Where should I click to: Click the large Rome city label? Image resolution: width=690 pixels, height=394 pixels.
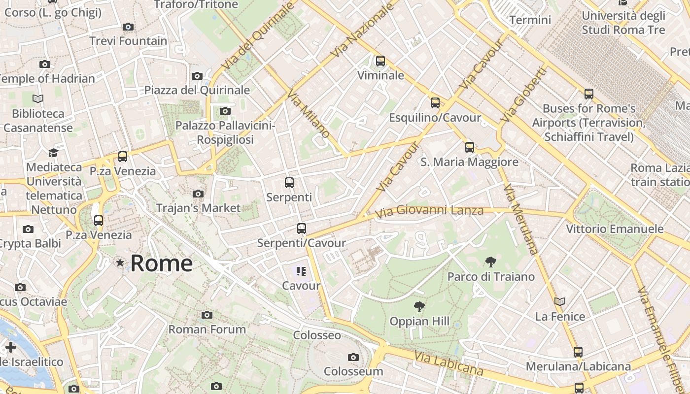pyautogui.click(x=161, y=263)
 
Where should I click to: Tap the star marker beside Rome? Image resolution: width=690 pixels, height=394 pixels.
pyautogui.click(x=120, y=263)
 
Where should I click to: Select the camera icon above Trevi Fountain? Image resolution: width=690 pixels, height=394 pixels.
pyautogui.click(x=128, y=27)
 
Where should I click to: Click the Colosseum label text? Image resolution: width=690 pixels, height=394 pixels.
pyautogui.click(x=353, y=371)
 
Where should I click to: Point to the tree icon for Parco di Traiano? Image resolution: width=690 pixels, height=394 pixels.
pyautogui.click(x=490, y=262)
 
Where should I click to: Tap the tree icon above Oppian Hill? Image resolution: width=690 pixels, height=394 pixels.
pyautogui.click(x=419, y=307)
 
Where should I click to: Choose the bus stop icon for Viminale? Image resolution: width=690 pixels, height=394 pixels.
pyautogui.click(x=380, y=61)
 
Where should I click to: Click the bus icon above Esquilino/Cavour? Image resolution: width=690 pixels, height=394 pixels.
pyautogui.click(x=435, y=102)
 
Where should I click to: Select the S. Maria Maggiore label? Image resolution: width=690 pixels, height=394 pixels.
pyautogui.click(x=469, y=162)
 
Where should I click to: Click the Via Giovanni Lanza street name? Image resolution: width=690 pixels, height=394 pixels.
pyautogui.click(x=429, y=211)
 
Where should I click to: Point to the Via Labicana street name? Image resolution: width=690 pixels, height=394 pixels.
pyautogui.click(x=448, y=363)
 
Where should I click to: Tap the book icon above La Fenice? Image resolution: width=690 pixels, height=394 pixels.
pyautogui.click(x=559, y=301)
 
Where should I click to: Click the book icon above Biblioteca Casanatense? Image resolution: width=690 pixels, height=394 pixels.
pyautogui.click(x=38, y=98)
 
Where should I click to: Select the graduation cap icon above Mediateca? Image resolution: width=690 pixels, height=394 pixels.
pyautogui.click(x=53, y=153)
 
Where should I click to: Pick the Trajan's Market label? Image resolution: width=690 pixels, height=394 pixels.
pyautogui.click(x=198, y=208)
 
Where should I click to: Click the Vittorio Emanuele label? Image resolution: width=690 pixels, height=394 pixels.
pyautogui.click(x=615, y=229)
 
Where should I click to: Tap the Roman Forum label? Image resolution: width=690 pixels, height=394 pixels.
pyautogui.click(x=207, y=329)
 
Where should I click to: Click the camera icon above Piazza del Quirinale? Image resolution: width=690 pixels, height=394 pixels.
pyautogui.click(x=197, y=76)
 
